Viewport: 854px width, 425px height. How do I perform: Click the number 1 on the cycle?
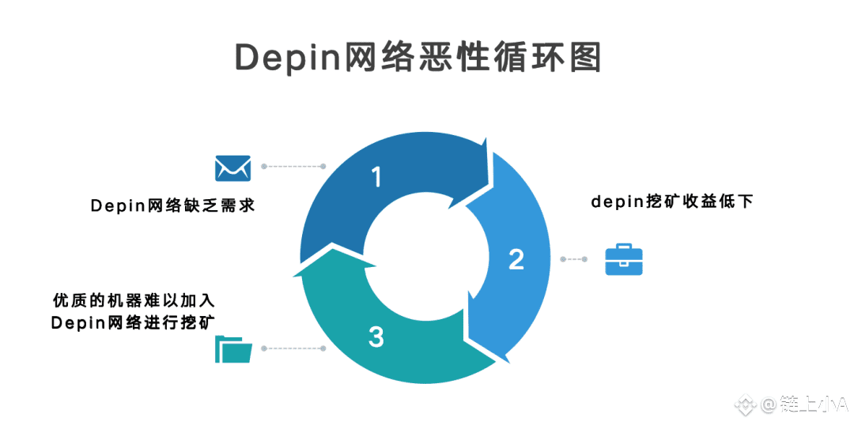tap(376, 177)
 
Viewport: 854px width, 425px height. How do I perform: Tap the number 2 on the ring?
tap(516, 259)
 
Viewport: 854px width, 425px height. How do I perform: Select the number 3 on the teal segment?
tap(376, 337)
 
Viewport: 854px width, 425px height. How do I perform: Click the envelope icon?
tap(232, 167)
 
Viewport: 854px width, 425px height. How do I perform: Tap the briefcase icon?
tap(624, 259)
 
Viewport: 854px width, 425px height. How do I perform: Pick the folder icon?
tap(233, 348)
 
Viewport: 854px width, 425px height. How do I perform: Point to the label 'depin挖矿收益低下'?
tap(672, 201)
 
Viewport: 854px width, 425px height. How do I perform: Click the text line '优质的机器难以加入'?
tap(134, 301)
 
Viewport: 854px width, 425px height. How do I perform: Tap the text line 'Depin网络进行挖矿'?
tap(134, 322)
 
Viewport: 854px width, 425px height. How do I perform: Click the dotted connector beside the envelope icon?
tap(293, 167)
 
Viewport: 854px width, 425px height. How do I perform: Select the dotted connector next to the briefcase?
tap(574, 259)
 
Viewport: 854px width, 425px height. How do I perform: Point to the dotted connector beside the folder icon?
tap(293, 348)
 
